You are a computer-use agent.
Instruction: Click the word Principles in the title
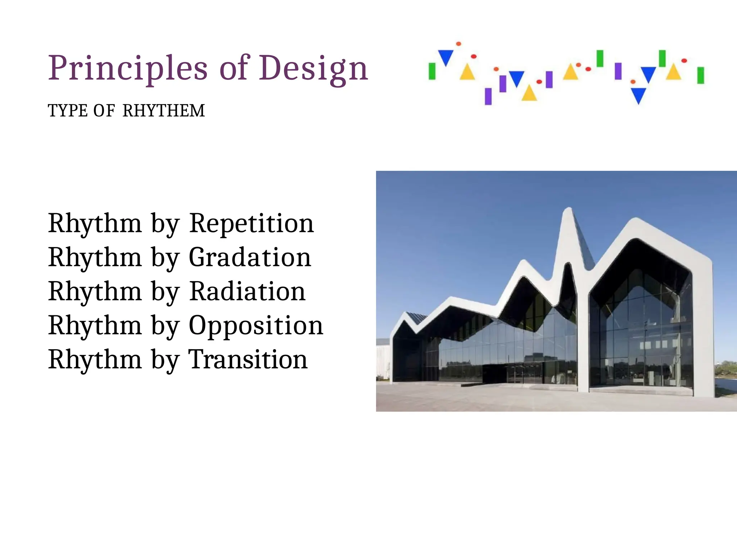(x=128, y=68)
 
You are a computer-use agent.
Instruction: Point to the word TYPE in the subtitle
(x=68, y=111)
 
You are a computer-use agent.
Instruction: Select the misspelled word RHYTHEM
(x=164, y=111)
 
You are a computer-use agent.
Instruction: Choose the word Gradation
(x=250, y=258)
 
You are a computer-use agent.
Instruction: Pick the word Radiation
(x=247, y=292)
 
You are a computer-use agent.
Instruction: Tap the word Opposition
(x=256, y=326)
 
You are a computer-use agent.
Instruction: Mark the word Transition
(x=248, y=360)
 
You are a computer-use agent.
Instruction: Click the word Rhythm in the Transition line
(x=95, y=360)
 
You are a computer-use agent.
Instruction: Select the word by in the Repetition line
(x=165, y=224)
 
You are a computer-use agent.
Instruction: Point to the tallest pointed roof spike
(x=569, y=212)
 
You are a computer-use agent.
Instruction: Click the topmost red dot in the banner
(x=458, y=44)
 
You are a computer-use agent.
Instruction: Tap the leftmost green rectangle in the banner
(x=432, y=71)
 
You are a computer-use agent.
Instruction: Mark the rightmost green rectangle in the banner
(x=700, y=75)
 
